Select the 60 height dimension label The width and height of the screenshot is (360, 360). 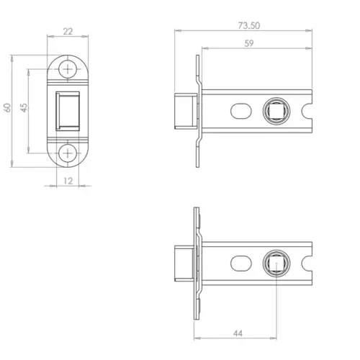[7, 107]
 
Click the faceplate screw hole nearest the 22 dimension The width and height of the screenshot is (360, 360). [69, 69]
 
